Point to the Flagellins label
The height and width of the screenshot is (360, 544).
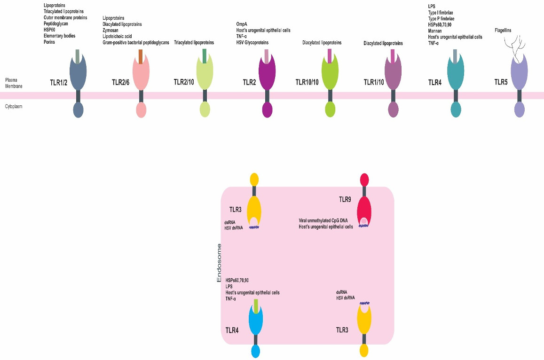pos(503,31)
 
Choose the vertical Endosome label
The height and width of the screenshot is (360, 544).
pos(219,263)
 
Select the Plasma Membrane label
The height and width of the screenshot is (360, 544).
pos(13,83)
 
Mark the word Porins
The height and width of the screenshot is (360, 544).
pos(49,42)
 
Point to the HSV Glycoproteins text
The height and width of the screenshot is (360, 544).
pos(256,42)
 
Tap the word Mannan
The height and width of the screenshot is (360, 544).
pos(436,30)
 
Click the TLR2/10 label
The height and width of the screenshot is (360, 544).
pos(184,82)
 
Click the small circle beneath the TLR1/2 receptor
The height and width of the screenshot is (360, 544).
pos(78,110)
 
